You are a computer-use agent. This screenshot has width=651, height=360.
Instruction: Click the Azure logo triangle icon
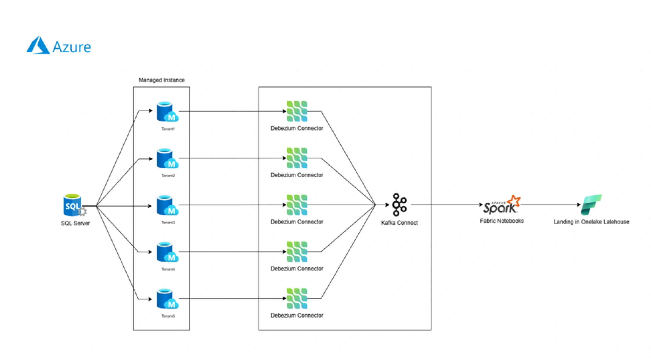coord(38,46)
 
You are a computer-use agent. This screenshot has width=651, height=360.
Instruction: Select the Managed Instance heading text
coord(162,80)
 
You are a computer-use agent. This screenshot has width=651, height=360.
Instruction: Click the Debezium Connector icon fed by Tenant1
coord(297,111)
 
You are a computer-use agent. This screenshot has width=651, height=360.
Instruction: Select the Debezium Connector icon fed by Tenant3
coord(297,205)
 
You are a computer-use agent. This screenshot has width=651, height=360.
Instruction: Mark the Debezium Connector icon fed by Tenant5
coord(297,299)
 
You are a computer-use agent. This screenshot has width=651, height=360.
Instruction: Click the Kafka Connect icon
coord(399,205)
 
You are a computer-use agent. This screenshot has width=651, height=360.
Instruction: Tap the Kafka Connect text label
coord(399,223)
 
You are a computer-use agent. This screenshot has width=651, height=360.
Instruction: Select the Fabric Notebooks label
coord(502,221)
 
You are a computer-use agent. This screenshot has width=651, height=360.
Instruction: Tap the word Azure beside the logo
coord(72,47)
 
